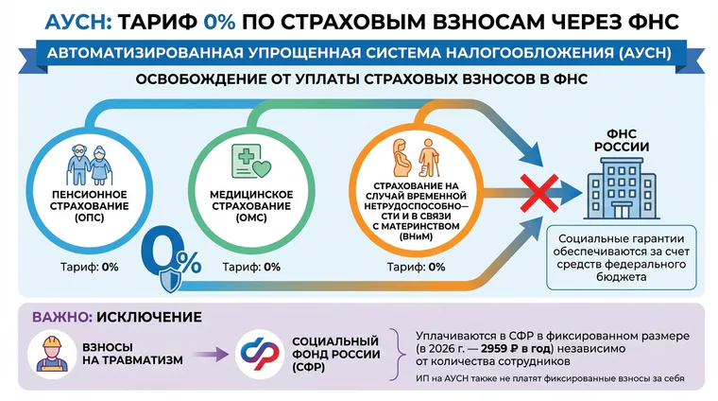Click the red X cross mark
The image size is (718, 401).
538,193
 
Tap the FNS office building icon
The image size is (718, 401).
621,188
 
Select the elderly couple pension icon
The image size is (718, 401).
90,165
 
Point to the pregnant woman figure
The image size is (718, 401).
402,158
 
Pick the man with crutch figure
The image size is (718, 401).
429,158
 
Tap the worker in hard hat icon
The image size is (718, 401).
52,355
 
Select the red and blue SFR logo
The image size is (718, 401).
260,355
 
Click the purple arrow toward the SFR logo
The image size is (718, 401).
211,355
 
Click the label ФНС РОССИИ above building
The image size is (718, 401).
622,140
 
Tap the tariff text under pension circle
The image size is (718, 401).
90,267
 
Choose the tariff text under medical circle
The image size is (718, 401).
251,267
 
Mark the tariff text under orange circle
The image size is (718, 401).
416,267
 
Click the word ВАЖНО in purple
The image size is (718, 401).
62,317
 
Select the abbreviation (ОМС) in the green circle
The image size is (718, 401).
251,218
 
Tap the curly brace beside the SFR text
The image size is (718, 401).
398,355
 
